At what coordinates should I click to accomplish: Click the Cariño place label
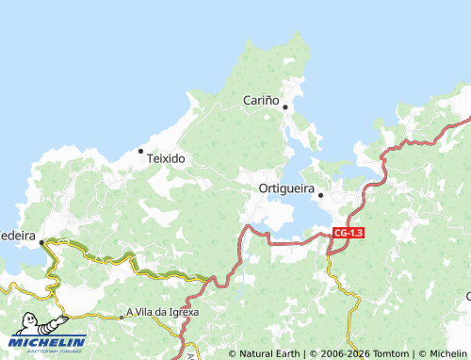point(261,99)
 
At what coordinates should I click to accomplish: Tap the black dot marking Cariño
point(284,106)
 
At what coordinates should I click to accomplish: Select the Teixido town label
point(166,159)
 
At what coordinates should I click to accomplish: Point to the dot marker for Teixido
point(141,150)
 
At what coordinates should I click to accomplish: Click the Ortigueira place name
point(286,188)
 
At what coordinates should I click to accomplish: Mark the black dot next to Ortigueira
point(321,195)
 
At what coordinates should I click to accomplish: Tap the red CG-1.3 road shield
point(349,232)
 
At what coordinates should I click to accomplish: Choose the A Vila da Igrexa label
point(163,312)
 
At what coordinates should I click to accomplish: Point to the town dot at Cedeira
point(41,242)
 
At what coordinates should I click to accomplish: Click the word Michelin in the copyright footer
point(447,353)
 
